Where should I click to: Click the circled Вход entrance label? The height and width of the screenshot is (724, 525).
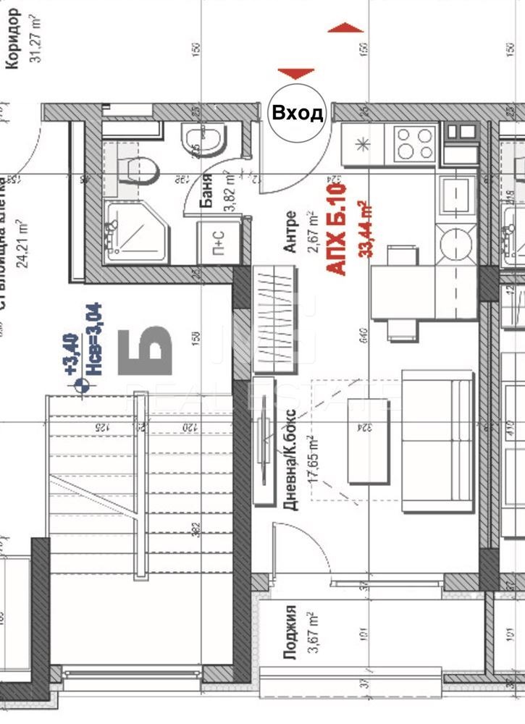pos(297,114)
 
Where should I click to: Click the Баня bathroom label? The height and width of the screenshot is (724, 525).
pos(206,190)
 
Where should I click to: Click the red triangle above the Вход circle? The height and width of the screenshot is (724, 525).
pos(296,74)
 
